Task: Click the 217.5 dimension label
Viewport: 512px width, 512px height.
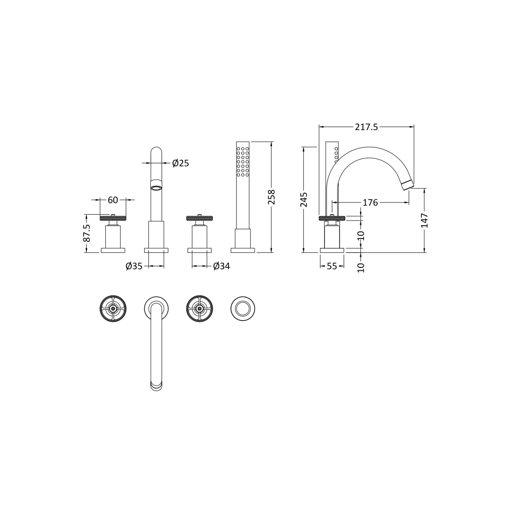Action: [x=366, y=127]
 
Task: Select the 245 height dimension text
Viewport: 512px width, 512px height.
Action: [x=304, y=199]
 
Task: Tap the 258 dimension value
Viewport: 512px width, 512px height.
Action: [x=272, y=197]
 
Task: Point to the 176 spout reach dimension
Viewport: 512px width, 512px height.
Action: [x=370, y=203]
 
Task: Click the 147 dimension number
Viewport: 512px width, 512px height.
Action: [x=424, y=220]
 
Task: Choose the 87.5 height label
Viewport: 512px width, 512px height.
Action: [x=87, y=233]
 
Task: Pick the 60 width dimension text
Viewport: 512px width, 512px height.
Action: [x=113, y=200]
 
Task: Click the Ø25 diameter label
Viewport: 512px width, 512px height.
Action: [x=180, y=164]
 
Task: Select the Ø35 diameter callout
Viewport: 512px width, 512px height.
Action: [x=134, y=266]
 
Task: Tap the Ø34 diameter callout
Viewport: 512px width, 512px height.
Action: [x=221, y=266]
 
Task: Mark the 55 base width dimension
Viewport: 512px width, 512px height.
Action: [x=332, y=266]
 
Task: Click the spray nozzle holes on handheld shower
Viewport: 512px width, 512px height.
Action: [x=243, y=162]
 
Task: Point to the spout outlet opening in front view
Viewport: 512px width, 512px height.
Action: [x=156, y=188]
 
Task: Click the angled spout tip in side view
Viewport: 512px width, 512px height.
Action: [x=408, y=185]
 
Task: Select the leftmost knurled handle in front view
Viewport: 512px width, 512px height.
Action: [x=113, y=218]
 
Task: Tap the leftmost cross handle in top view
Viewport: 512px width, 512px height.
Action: [x=113, y=309]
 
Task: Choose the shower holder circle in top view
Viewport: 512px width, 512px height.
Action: [x=243, y=309]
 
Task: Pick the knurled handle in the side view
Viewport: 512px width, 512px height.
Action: [x=332, y=218]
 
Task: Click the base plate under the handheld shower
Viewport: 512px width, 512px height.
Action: [x=243, y=250]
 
